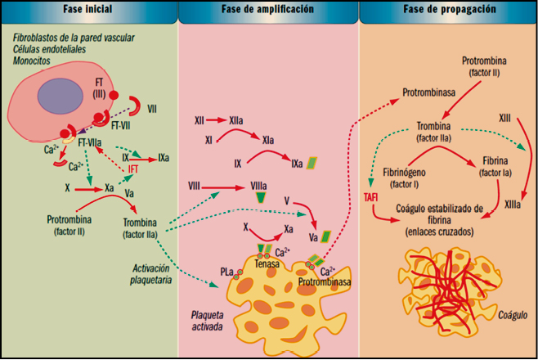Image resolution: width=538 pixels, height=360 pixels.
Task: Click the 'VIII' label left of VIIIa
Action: [x=195, y=186]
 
